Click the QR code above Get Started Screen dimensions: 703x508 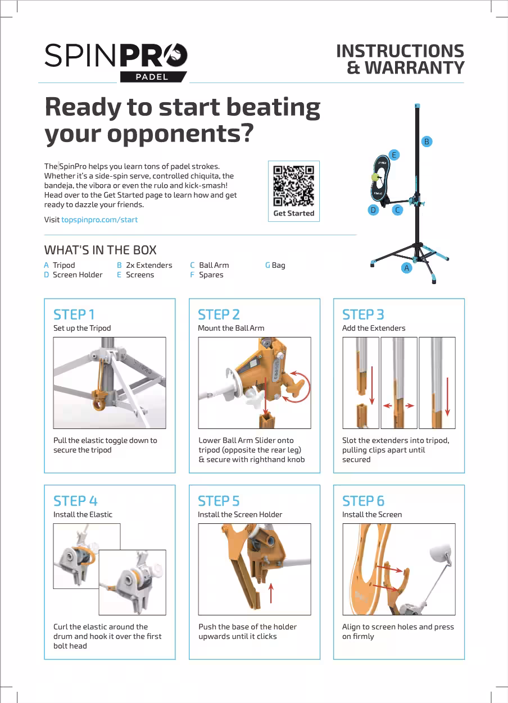point(293,186)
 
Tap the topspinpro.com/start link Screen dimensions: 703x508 point(99,220)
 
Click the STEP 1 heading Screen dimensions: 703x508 point(74,314)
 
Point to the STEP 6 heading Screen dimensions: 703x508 point(364,501)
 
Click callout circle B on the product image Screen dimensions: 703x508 point(427,141)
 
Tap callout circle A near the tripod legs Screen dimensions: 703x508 point(407,268)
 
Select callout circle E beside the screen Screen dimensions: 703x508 point(394,154)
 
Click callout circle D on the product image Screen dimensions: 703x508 point(373,210)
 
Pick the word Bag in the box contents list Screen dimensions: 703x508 point(278,265)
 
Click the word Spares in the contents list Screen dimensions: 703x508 point(211,275)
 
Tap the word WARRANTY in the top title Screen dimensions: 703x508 point(414,68)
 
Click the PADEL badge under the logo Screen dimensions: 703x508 point(152,77)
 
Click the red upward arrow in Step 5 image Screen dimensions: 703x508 point(271,593)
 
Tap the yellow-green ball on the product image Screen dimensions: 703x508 point(374,177)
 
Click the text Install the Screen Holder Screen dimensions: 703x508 point(240,514)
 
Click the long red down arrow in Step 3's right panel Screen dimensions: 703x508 point(448,396)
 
